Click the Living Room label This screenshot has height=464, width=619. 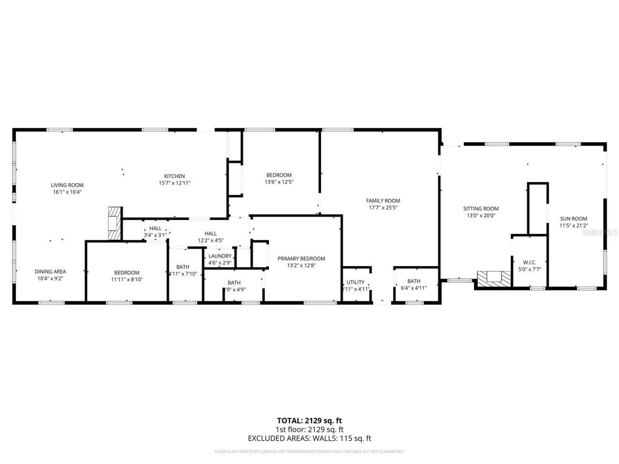click(x=67, y=185)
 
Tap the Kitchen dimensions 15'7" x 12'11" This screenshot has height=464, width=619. click(x=175, y=183)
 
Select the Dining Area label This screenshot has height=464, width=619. click(x=50, y=272)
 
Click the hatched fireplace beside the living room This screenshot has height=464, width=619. click(x=114, y=223)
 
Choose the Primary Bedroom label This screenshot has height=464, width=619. click(x=301, y=259)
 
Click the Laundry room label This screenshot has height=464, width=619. click(x=220, y=256)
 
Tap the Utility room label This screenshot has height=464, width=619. click(x=355, y=282)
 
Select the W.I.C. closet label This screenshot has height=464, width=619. click(x=530, y=262)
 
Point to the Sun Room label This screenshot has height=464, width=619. click(x=574, y=218)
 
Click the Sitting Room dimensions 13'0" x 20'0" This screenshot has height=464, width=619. click(x=481, y=216)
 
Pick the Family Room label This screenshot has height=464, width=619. click(x=383, y=201)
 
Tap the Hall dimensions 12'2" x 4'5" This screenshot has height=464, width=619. click(x=210, y=240)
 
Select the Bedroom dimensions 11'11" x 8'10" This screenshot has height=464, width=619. click(x=127, y=279)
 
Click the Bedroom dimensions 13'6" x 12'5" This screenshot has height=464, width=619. click(x=279, y=182)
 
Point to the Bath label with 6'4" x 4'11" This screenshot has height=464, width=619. click(x=413, y=281)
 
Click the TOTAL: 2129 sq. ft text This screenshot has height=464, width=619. click(x=309, y=420)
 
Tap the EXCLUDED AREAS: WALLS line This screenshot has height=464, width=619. click(x=309, y=438)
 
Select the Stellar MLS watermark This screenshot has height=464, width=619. click(x=600, y=232)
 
